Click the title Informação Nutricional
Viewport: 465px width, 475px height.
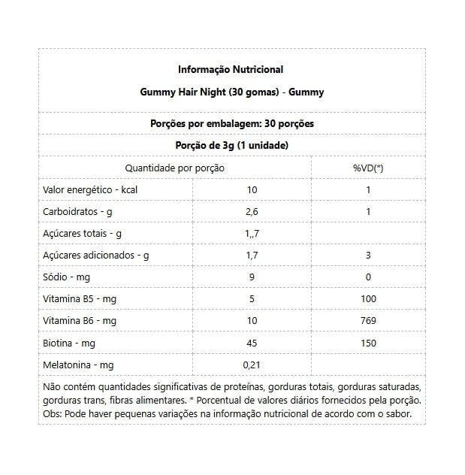[231, 70]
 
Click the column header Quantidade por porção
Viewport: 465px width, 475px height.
[174, 168]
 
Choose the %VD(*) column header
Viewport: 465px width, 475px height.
[368, 168]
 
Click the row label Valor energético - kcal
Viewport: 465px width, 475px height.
[91, 190]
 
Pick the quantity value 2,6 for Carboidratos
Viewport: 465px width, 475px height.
[252, 212]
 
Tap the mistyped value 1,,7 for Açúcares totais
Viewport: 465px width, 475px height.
[252, 234]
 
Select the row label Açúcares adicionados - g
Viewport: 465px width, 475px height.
[96, 256]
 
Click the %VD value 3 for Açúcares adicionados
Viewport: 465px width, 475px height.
[368, 256]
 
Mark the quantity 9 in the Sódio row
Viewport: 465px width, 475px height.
[252, 277]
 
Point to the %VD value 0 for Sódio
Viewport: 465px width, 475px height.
[368, 277]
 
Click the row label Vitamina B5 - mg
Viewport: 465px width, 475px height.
[80, 299]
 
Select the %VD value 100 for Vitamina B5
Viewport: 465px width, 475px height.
[368, 299]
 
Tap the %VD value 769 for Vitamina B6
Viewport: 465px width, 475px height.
[368, 321]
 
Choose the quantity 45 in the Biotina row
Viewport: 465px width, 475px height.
[252, 343]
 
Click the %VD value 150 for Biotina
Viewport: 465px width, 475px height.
[368, 343]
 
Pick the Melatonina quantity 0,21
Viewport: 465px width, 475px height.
[252, 365]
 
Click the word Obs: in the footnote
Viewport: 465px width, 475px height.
[53, 413]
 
